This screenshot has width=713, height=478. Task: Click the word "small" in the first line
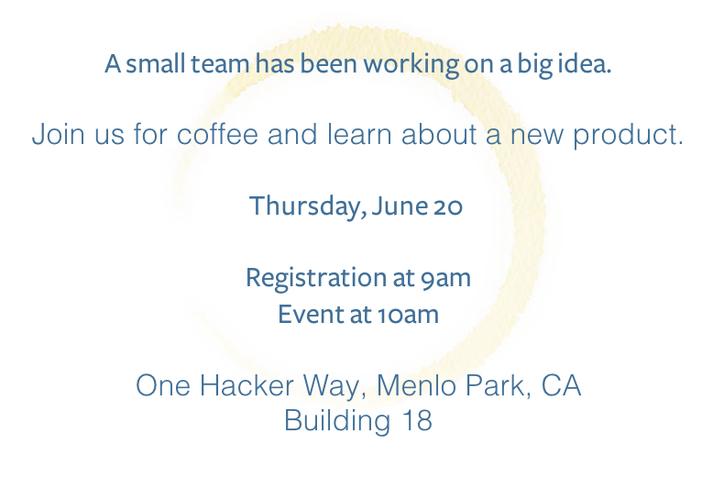coord(155,63)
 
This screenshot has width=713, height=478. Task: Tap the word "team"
coord(220,63)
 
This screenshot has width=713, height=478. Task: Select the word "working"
coord(411,64)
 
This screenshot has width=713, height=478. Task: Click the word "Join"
coord(59,134)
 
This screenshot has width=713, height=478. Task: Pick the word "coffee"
coord(217,134)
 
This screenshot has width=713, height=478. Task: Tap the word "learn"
coord(358,134)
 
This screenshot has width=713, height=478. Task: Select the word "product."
coord(628,135)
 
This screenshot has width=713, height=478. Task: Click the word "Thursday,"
coord(307,206)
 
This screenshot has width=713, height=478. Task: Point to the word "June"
coord(400,206)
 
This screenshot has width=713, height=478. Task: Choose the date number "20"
coord(447,207)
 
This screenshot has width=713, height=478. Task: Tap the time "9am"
coord(445,278)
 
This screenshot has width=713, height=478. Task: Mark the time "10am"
coord(408,315)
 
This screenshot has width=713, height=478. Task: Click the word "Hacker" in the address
coord(247,385)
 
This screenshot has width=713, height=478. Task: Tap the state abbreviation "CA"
coord(561,385)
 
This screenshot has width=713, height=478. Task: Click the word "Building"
coord(337,421)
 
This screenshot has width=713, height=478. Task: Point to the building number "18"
coord(417,420)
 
